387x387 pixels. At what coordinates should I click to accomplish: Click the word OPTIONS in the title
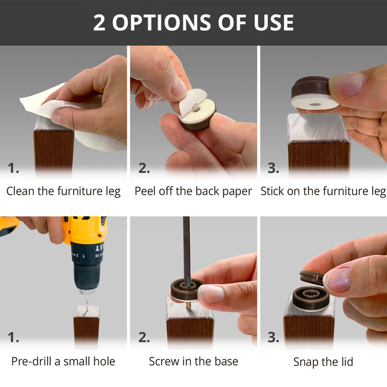click(x=161, y=23)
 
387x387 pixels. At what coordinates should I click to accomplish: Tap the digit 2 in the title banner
click(x=99, y=23)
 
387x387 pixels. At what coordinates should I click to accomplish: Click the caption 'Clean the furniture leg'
click(x=64, y=191)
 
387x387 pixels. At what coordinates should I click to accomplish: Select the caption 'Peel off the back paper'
click(x=193, y=191)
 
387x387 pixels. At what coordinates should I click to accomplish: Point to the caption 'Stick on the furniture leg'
click(x=323, y=191)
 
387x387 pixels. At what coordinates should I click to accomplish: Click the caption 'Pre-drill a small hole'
click(x=63, y=362)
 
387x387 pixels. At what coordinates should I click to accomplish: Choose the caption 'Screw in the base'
click(x=193, y=362)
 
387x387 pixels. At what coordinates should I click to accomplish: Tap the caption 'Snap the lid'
click(x=323, y=362)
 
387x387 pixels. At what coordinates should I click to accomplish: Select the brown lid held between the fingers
click(x=312, y=278)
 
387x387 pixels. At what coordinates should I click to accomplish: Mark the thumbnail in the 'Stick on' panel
click(x=348, y=84)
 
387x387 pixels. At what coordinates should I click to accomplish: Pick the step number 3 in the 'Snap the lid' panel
click(x=273, y=337)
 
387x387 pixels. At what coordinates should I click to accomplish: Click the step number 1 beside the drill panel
click(x=13, y=337)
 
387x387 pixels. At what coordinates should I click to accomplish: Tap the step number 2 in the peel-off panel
click(x=144, y=168)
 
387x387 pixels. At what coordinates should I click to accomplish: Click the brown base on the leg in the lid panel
click(x=311, y=299)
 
